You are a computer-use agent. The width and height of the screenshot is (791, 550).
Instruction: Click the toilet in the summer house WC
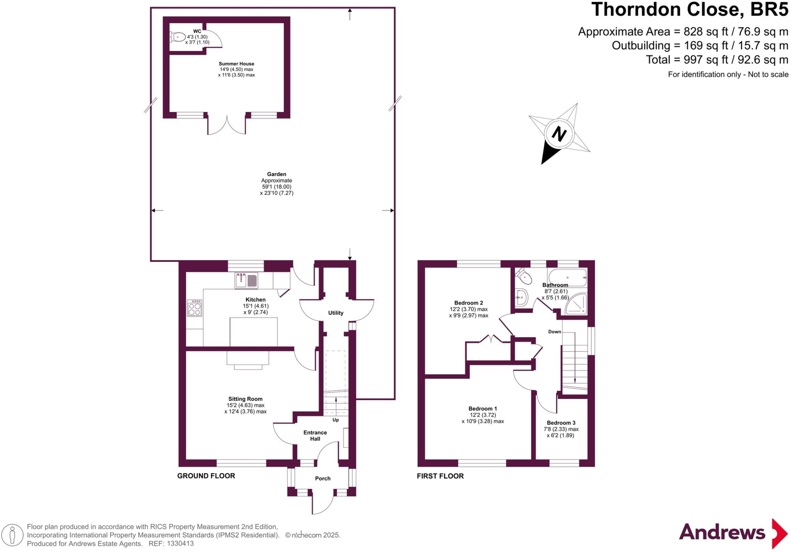(x=178, y=37)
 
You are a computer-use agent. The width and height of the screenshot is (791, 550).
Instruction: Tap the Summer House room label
(x=236, y=64)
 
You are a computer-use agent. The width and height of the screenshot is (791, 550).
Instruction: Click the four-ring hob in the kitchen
(x=194, y=308)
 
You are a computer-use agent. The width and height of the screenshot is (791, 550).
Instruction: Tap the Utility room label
(x=336, y=313)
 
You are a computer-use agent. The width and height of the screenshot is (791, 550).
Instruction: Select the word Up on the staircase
(x=336, y=420)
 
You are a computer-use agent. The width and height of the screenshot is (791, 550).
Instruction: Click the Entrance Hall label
(x=315, y=436)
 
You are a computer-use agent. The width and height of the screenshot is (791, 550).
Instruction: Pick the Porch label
(x=323, y=479)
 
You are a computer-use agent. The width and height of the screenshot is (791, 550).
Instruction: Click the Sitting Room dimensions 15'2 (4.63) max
(x=245, y=405)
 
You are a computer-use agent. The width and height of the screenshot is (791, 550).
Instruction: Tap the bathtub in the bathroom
(x=567, y=277)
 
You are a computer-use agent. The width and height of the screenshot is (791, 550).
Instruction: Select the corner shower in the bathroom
(x=576, y=305)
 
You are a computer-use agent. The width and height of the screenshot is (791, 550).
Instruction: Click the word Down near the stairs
(x=555, y=332)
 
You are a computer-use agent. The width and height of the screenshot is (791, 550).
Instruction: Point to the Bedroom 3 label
(x=561, y=423)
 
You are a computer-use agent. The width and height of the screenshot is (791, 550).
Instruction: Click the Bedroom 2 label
(x=468, y=303)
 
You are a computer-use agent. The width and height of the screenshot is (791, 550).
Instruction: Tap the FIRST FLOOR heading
(x=440, y=476)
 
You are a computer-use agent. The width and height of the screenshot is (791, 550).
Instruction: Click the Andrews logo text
(x=721, y=533)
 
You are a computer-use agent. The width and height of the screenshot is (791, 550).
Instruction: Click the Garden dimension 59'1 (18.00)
(x=277, y=187)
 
